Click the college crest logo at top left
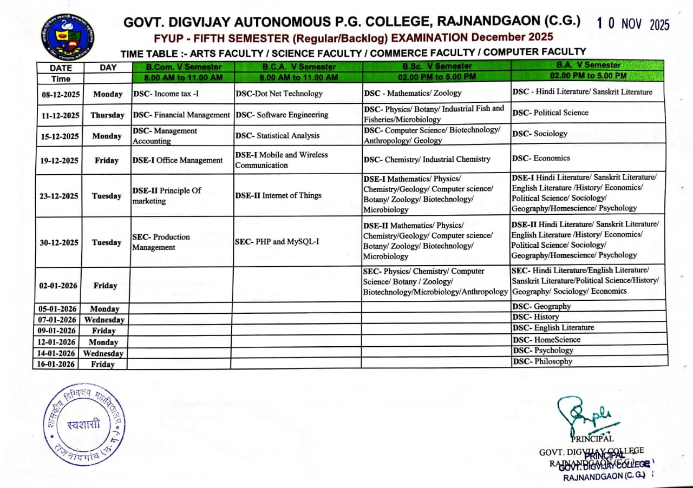pyautogui.click(x=67, y=37)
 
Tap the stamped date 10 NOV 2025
pyautogui.click(x=633, y=24)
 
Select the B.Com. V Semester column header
pyautogui.click(x=184, y=67)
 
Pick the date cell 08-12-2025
pyautogui.click(x=60, y=94)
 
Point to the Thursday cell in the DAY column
pyautogui.click(x=107, y=115)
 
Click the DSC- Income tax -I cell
pyautogui.click(x=166, y=94)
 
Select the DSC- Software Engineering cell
pyautogui.click(x=282, y=115)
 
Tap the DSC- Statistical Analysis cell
pyautogui.click(x=278, y=136)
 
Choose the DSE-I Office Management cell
pyautogui.click(x=178, y=160)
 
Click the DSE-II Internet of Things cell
pyautogui.click(x=278, y=195)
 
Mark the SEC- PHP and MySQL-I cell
pyautogui.click(x=277, y=242)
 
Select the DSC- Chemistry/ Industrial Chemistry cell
pyautogui.click(x=427, y=159)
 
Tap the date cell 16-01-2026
pyautogui.click(x=57, y=364)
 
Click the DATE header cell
pyautogui.click(x=60, y=68)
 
